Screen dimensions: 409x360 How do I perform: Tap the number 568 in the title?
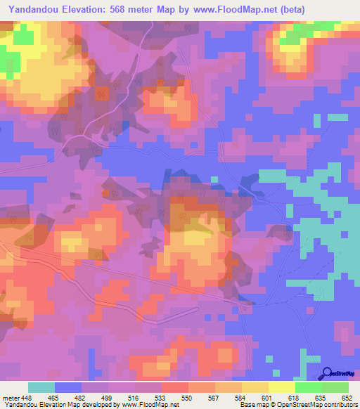(122, 8)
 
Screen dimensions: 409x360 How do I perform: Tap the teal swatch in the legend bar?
(41, 387)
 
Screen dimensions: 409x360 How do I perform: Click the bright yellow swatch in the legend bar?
(281, 387)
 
